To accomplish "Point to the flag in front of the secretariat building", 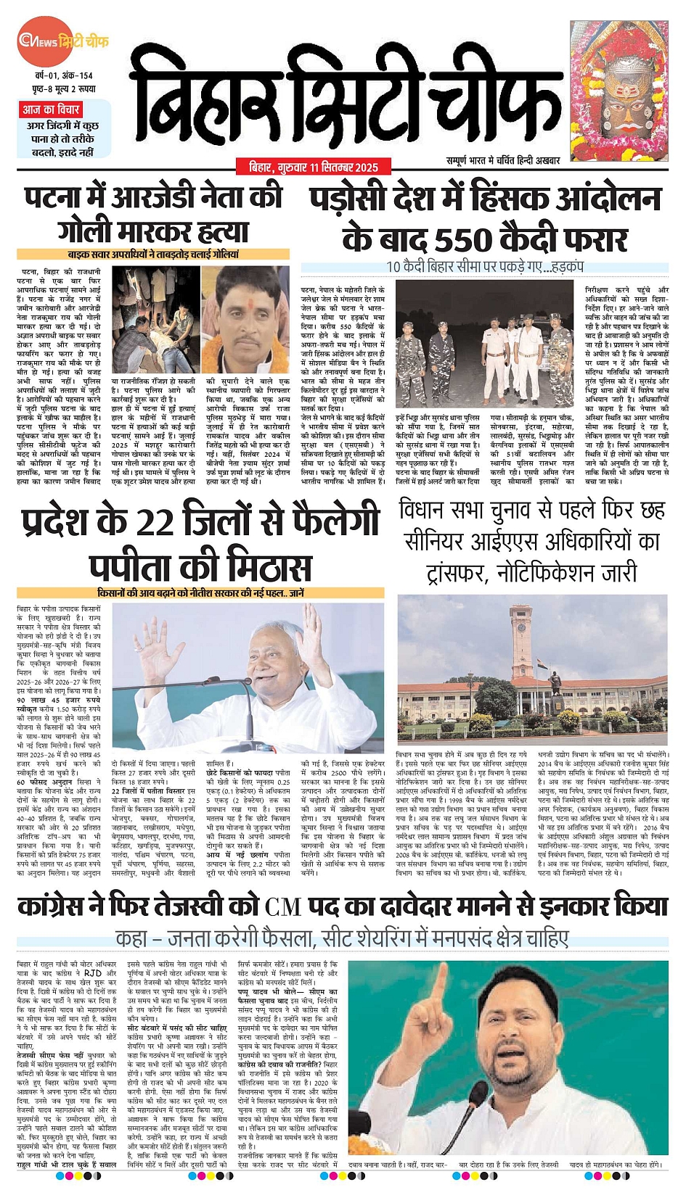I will tap(539, 663).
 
